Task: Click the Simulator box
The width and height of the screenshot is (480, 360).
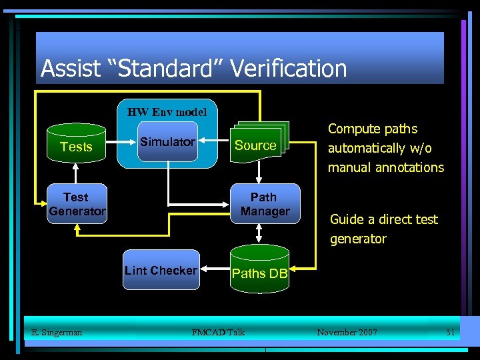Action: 167,141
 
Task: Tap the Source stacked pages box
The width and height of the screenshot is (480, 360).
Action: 255,145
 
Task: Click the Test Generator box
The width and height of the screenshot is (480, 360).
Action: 76,204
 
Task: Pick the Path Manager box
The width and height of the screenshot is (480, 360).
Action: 265,204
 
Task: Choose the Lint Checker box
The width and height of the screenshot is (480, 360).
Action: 161,270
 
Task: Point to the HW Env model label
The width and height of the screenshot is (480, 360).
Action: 167,111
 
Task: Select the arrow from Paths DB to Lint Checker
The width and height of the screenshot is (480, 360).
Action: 215,270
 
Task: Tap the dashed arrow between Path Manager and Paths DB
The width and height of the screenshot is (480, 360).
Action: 259,234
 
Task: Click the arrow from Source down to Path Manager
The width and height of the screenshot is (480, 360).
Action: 259,173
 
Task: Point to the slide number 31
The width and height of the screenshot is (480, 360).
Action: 450,332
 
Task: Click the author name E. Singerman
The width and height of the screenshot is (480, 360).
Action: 57,332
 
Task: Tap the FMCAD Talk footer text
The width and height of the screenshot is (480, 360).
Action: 218,332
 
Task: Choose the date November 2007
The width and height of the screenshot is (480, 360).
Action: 347,332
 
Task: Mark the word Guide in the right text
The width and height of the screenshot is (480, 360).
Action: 347,219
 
